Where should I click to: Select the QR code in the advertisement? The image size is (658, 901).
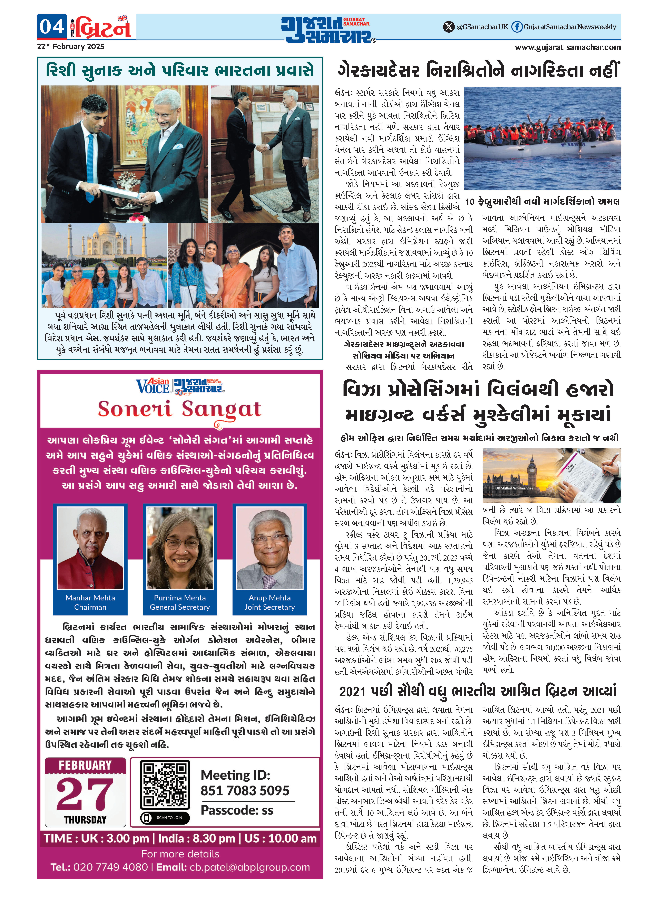[x=165, y=784]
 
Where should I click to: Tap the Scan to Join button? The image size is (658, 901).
[x=165, y=818]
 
